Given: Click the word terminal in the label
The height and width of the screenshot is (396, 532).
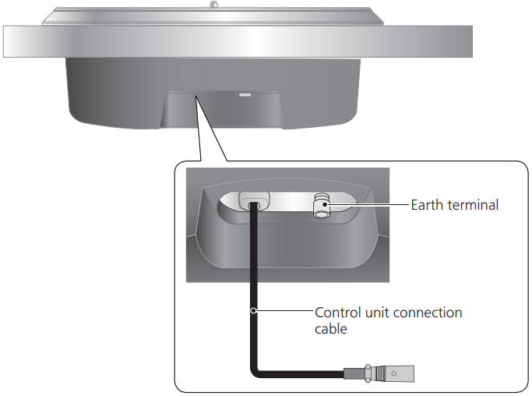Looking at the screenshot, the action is point(473,205).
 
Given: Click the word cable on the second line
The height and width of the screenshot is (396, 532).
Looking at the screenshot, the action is point(331,328).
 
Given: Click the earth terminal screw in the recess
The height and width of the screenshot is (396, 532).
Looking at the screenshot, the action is point(321,206).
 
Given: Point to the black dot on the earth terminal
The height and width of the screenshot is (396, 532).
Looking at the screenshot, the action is point(326,204).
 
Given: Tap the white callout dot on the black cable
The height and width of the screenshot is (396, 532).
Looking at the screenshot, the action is point(253,310).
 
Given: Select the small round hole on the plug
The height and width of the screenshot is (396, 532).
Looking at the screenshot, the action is point(393,373).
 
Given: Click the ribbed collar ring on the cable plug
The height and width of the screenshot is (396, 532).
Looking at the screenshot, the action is point(368,373).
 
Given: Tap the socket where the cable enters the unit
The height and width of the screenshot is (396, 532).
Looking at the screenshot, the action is point(254,201).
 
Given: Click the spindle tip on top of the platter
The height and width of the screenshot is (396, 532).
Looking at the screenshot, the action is point(213,5).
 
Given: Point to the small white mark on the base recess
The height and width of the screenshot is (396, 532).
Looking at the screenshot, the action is point(245,95).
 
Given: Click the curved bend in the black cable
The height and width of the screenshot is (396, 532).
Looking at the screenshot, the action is point(255,371).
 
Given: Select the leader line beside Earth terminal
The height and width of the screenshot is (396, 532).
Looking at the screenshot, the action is point(368,204).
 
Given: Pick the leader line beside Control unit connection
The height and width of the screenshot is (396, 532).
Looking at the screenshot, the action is point(284,310).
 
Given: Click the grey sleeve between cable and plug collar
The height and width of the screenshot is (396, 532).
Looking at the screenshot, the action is point(354,373).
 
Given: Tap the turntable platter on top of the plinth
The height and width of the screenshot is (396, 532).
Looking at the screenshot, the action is point(213,17).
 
